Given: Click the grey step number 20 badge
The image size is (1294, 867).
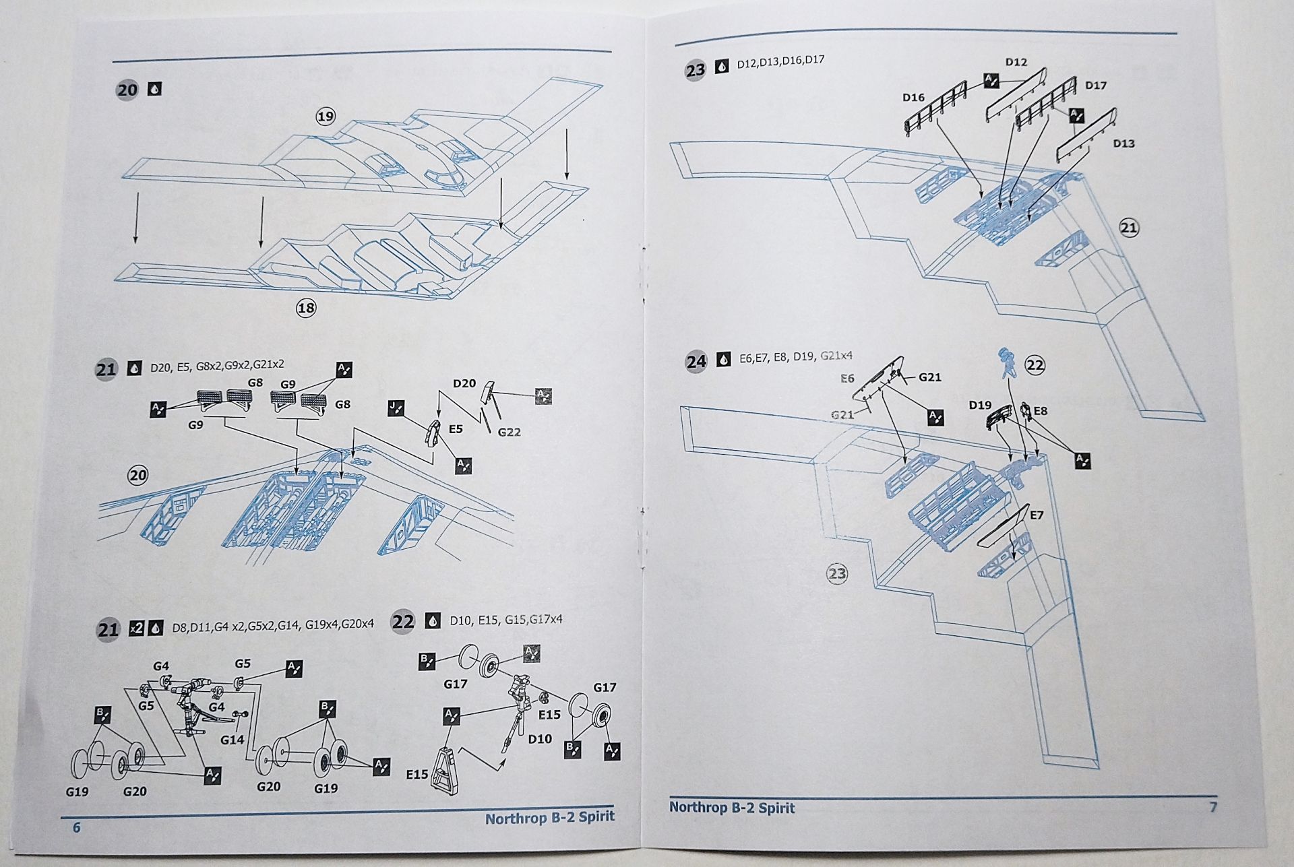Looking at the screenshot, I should pyautogui.click(x=127, y=90).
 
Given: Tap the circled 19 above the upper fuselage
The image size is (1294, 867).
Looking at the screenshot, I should pyautogui.click(x=326, y=117).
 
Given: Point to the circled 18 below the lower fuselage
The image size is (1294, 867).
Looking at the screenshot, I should pyautogui.click(x=306, y=308).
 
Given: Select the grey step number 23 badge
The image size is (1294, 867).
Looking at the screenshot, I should pyautogui.click(x=695, y=70).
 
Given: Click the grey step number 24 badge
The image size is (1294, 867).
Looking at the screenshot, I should pyautogui.click(x=696, y=362).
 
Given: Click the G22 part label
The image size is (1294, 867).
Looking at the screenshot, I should pyautogui.click(x=509, y=432).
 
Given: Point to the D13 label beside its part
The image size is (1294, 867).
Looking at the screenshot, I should pyautogui.click(x=1123, y=143).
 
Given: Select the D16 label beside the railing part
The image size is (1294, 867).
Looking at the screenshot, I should pyautogui.click(x=913, y=98).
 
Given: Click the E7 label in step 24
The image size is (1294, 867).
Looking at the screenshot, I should pyautogui.click(x=1037, y=515).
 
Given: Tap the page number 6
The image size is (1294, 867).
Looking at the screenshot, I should pyautogui.click(x=76, y=827).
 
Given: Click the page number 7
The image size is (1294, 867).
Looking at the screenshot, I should pyautogui.click(x=1213, y=806).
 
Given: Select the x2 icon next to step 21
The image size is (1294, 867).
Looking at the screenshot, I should pyautogui.click(x=137, y=628).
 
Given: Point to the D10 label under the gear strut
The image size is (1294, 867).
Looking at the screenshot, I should pyautogui.click(x=540, y=739).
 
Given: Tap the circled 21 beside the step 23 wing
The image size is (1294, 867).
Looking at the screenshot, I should pyautogui.click(x=1129, y=228).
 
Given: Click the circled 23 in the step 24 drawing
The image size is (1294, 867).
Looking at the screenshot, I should pyautogui.click(x=837, y=574).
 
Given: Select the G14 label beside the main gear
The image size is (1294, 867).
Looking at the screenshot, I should pyautogui.click(x=232, y=740).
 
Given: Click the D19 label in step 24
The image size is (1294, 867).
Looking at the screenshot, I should pyautogui.click(x=980, y=405).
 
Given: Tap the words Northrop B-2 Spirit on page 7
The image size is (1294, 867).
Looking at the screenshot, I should pyautogui.click(x=732, y=808).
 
